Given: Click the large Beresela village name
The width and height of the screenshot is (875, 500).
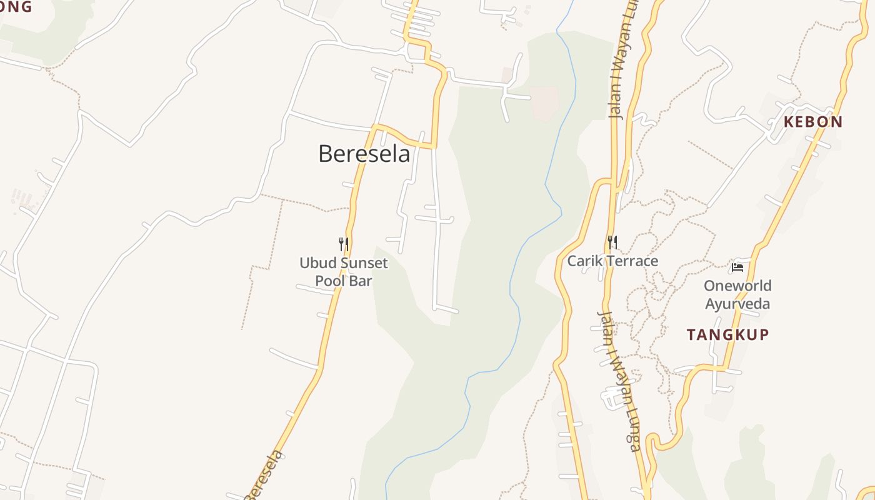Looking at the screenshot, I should click(x=364, y=154).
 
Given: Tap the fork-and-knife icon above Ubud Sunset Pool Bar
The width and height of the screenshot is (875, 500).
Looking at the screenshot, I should click(x=343, y=244).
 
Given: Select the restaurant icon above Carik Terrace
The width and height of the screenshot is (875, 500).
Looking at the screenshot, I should click(x=612, y=242).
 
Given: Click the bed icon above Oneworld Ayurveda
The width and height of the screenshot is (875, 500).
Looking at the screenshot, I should click(x=737, y=267).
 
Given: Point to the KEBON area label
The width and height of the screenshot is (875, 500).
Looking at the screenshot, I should click(x=813, y=122).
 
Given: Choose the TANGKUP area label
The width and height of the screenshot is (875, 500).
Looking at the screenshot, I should click(x=727, y=335).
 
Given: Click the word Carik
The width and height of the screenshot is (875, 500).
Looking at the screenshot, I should click(x=582, y=261).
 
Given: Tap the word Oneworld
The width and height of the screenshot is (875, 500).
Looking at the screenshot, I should click(x=737, y=286).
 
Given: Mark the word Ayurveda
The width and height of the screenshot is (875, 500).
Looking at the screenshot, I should click(x=737, y=304).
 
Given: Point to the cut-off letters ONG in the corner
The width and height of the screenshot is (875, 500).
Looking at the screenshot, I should click(x=15, y=7).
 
